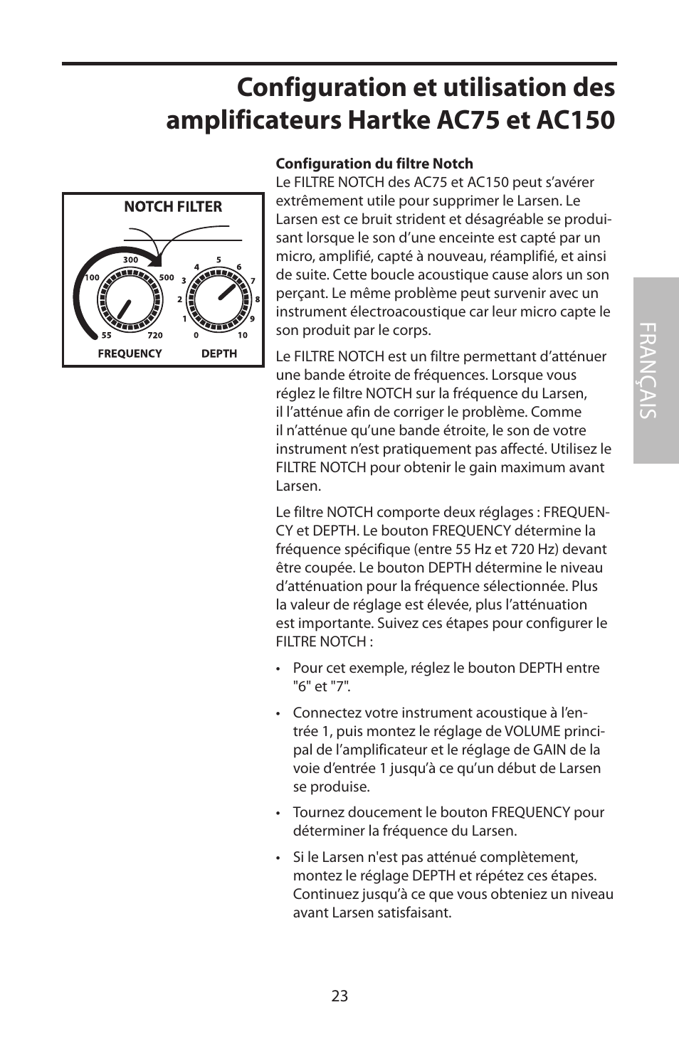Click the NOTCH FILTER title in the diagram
173,207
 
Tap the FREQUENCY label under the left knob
130,353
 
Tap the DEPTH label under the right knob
219,353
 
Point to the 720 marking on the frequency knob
155,336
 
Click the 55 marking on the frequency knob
106,336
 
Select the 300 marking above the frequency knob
130,260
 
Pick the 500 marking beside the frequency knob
167,278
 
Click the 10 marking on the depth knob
243,336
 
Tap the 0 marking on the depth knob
196,336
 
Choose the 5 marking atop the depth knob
219,260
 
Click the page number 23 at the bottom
339,996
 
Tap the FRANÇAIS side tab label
656,371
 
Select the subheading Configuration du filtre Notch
374,164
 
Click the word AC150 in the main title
573,119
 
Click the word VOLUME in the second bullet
532,731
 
